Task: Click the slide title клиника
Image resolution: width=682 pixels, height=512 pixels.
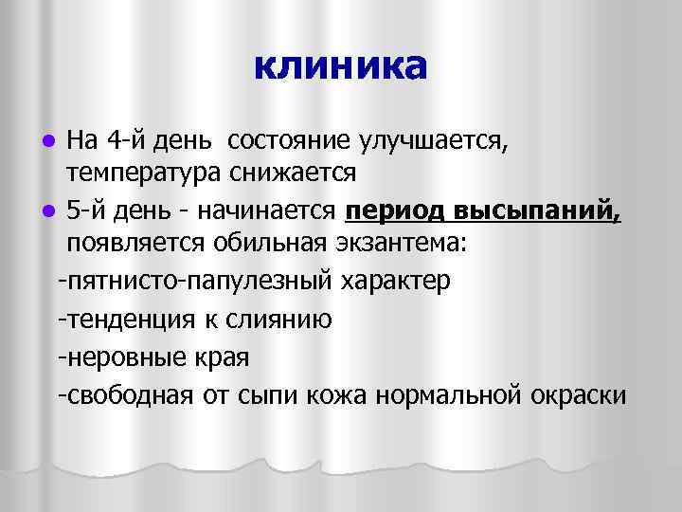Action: click(x=340, y=65)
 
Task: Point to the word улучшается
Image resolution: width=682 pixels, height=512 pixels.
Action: click(x=435, y=143)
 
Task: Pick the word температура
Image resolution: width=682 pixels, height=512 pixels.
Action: click(x=142, y=174)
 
